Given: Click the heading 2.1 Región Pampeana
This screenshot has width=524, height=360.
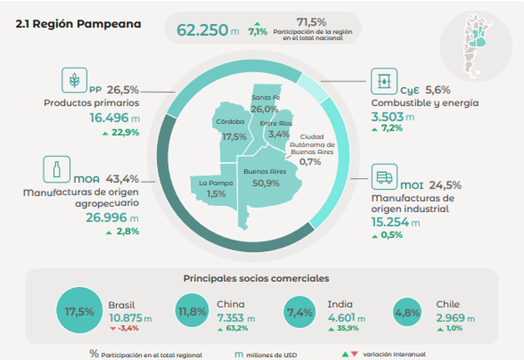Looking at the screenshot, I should click(78, 24).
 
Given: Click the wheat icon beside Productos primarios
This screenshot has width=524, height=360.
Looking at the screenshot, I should click(74, 80).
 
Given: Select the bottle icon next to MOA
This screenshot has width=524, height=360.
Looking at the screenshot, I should click(57, 171).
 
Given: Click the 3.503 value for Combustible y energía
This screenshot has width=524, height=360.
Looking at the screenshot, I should click(388, 117).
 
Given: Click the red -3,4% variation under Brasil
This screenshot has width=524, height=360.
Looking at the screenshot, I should click(125, 328).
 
